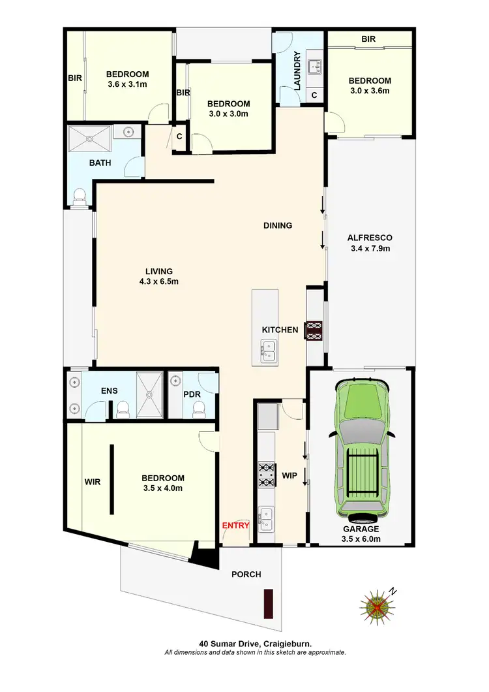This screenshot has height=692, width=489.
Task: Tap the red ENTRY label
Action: point(235,525)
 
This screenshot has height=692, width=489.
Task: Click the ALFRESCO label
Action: point(370,238)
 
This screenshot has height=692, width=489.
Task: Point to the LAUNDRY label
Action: point(297,71)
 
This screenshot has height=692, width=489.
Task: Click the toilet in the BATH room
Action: point(80,195)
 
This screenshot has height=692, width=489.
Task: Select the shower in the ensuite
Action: point(151,394)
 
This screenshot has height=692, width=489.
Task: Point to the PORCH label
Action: point(246,574)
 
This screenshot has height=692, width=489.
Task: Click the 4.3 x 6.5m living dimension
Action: point(159,282)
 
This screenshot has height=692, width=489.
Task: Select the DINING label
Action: point(278,226)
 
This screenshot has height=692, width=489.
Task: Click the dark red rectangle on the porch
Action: point(267,603)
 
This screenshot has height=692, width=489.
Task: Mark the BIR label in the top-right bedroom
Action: point(368,39)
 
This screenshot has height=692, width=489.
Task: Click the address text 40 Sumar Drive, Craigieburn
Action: point(255,644)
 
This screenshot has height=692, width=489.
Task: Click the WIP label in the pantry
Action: point(290,476)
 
